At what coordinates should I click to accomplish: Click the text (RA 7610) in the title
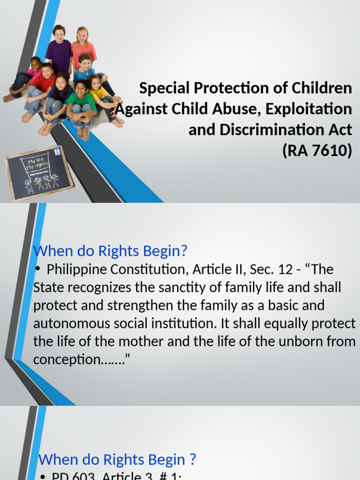tap(317, 151)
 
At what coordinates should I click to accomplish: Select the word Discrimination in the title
tap(263, 130)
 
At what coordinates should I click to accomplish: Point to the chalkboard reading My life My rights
tap(39, 173)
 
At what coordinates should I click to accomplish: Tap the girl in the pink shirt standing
tap(83, 47)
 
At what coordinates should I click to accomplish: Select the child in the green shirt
tap(81, 105)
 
